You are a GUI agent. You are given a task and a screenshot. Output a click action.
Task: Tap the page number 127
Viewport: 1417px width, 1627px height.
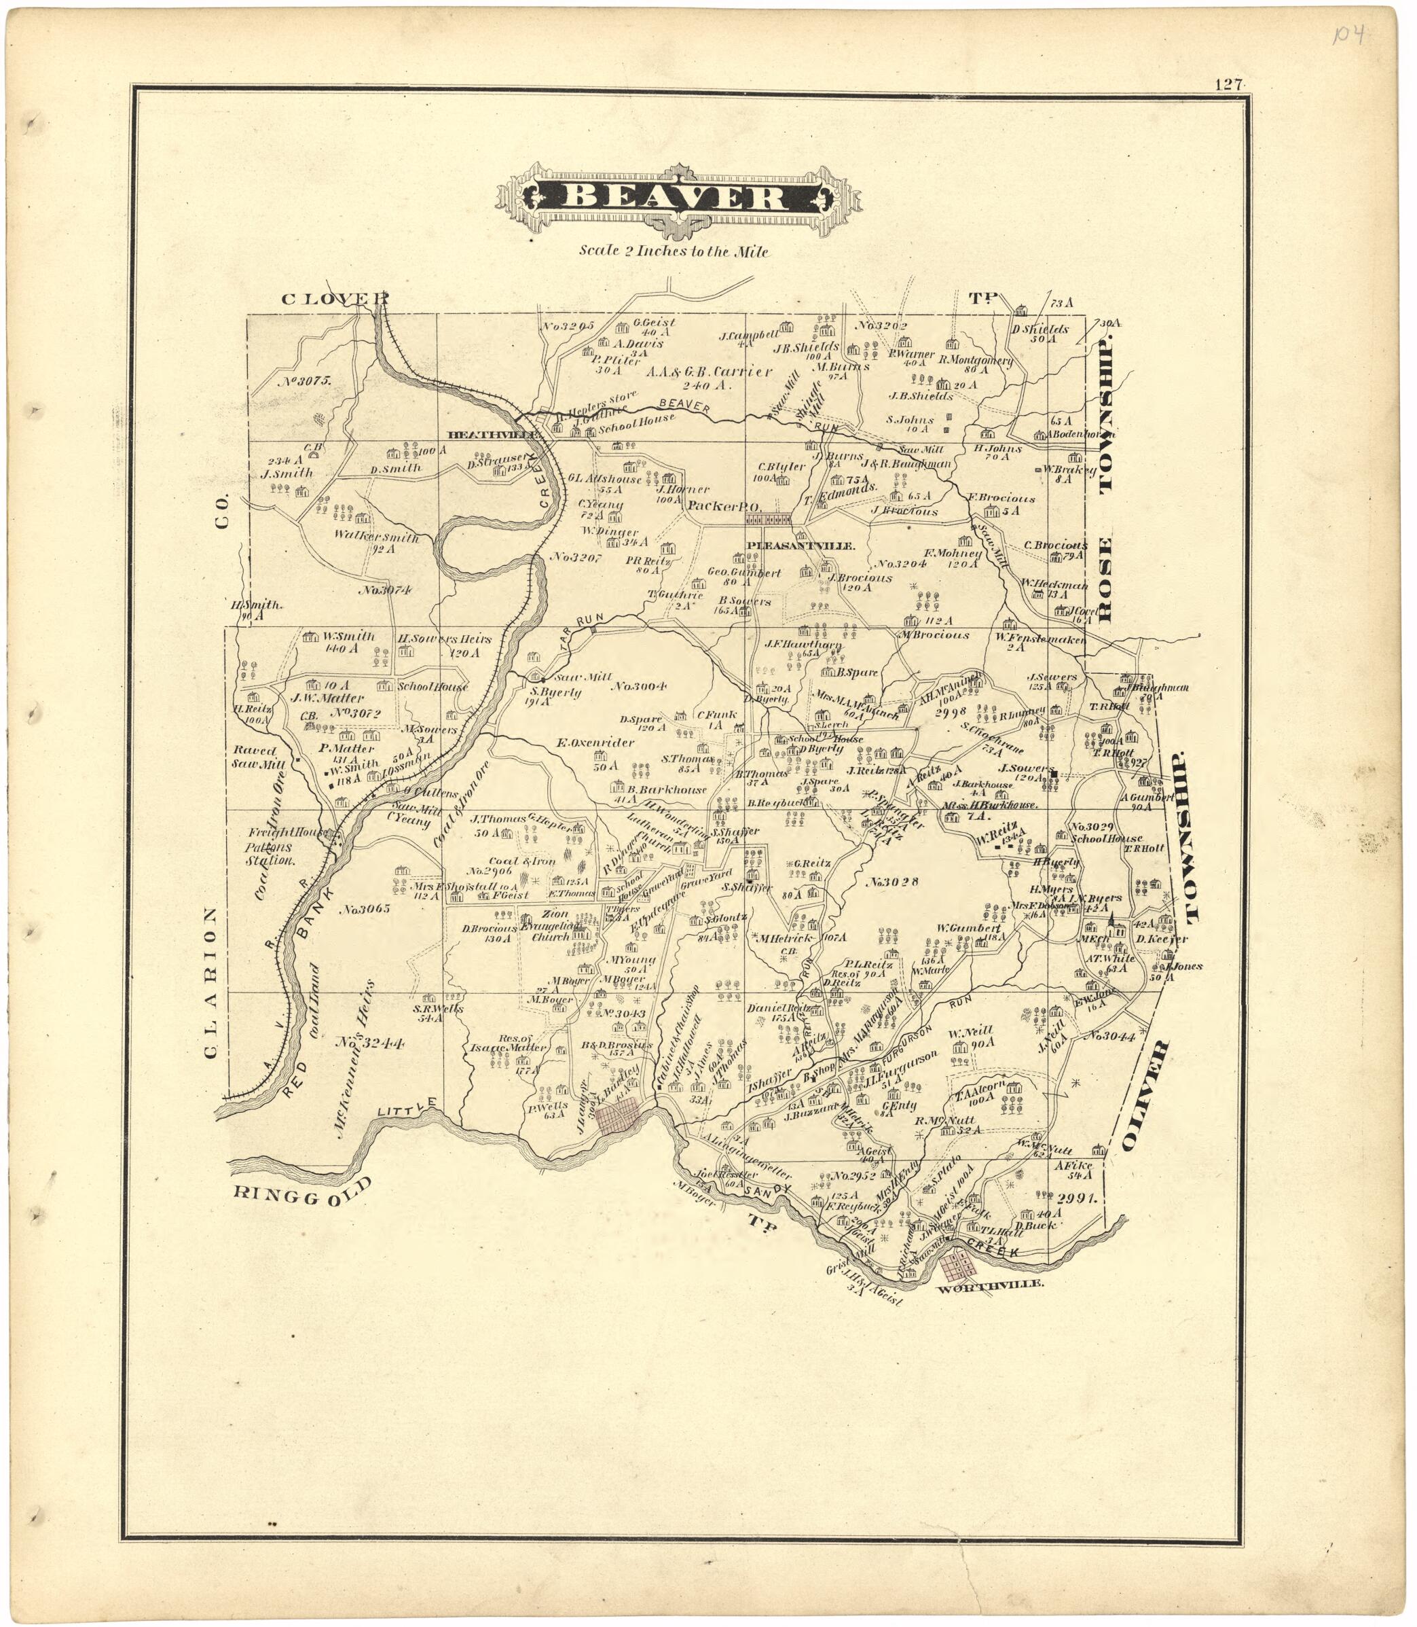(x=1228, y=85)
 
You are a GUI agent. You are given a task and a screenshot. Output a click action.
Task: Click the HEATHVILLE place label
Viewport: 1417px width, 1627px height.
(x=495, y=435)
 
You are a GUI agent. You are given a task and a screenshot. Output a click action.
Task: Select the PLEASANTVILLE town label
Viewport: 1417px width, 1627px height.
(x=801, y=546)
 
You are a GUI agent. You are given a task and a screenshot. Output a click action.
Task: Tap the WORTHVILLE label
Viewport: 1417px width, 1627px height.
(x=989, y=1285)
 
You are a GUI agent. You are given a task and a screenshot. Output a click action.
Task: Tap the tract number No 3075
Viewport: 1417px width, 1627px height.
(x=304, y=380)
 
